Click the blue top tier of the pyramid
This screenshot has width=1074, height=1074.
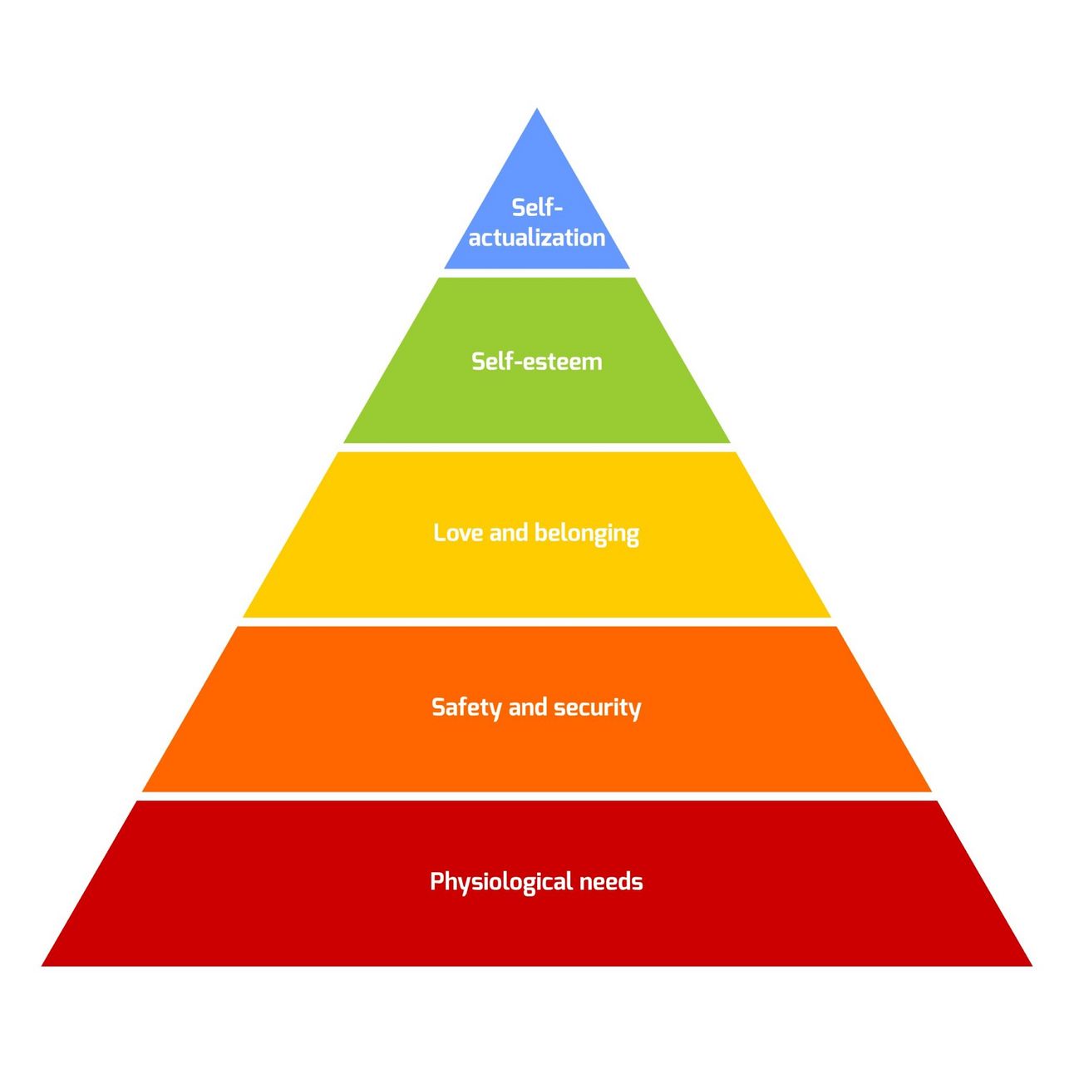point(537,166)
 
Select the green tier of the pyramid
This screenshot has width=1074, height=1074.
point(537,399)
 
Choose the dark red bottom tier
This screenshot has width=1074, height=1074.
point(537,923)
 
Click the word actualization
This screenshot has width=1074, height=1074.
point(537,238)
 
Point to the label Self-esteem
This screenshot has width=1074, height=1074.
point(537,362)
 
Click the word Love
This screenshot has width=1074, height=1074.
point(458,533)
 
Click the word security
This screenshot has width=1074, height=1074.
point(598,708)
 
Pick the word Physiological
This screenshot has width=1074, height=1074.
point(489,882)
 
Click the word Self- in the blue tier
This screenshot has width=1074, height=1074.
point(537,207)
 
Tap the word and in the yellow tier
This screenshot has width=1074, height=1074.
point(509,533)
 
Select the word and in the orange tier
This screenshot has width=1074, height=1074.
point(528,707)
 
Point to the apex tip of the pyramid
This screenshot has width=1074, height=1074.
point(537,111)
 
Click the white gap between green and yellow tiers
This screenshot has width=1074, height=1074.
point(537,447)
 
